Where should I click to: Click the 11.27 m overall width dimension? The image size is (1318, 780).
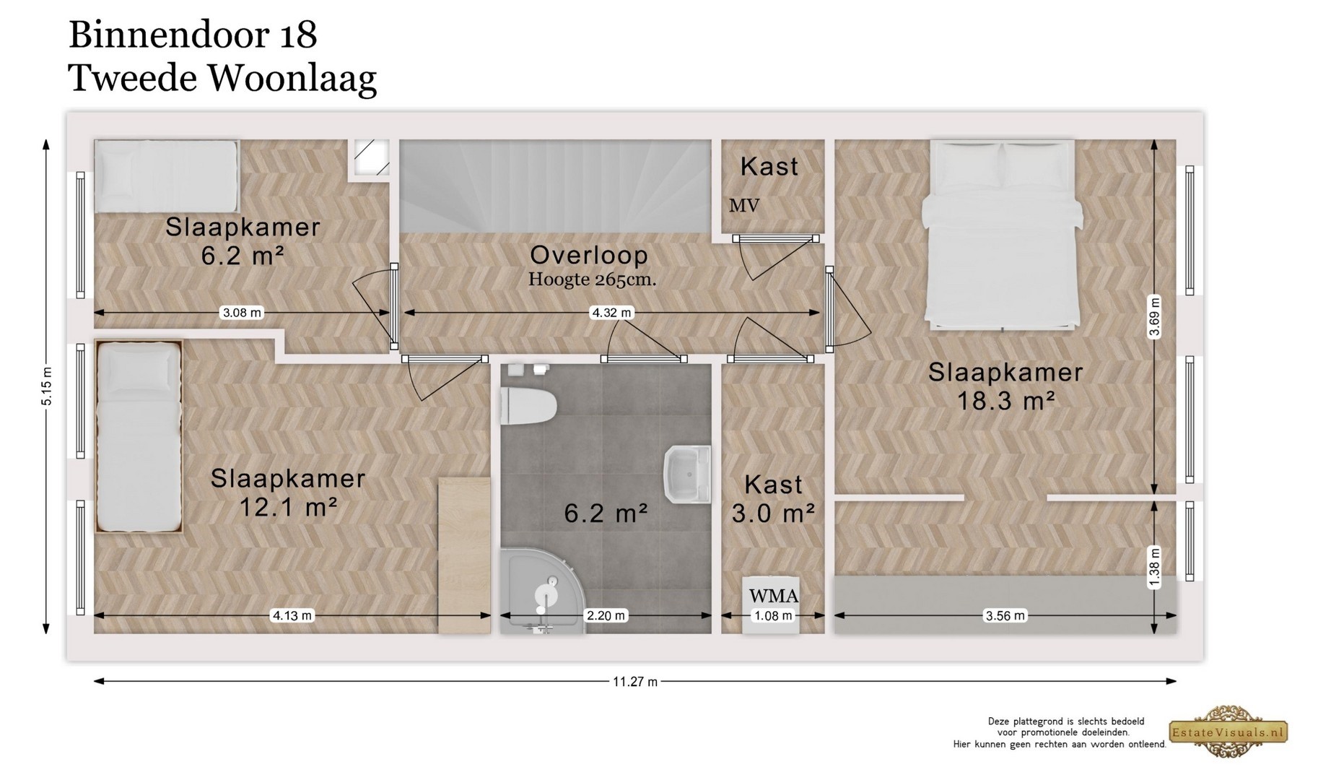635,681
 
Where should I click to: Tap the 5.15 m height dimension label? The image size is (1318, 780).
47,386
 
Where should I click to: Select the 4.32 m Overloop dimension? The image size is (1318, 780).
611,313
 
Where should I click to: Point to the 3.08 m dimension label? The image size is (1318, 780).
242,313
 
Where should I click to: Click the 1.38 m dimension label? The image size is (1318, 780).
1154,566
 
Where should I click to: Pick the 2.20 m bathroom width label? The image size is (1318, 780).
606,615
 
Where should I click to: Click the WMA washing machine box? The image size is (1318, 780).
772,604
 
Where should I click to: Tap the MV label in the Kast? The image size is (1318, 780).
743,206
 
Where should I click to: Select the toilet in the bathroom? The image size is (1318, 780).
528,405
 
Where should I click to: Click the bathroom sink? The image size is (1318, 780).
686,474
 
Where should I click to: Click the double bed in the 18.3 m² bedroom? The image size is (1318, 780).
1003,235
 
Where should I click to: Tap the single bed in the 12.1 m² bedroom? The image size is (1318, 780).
138,436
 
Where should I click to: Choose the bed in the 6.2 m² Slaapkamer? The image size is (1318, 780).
167,176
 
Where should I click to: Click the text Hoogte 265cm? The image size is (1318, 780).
592,279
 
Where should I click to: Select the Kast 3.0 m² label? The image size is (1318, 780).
773,498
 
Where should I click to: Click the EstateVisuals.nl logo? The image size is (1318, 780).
1228,732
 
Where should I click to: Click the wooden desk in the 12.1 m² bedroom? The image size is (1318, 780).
464,555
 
